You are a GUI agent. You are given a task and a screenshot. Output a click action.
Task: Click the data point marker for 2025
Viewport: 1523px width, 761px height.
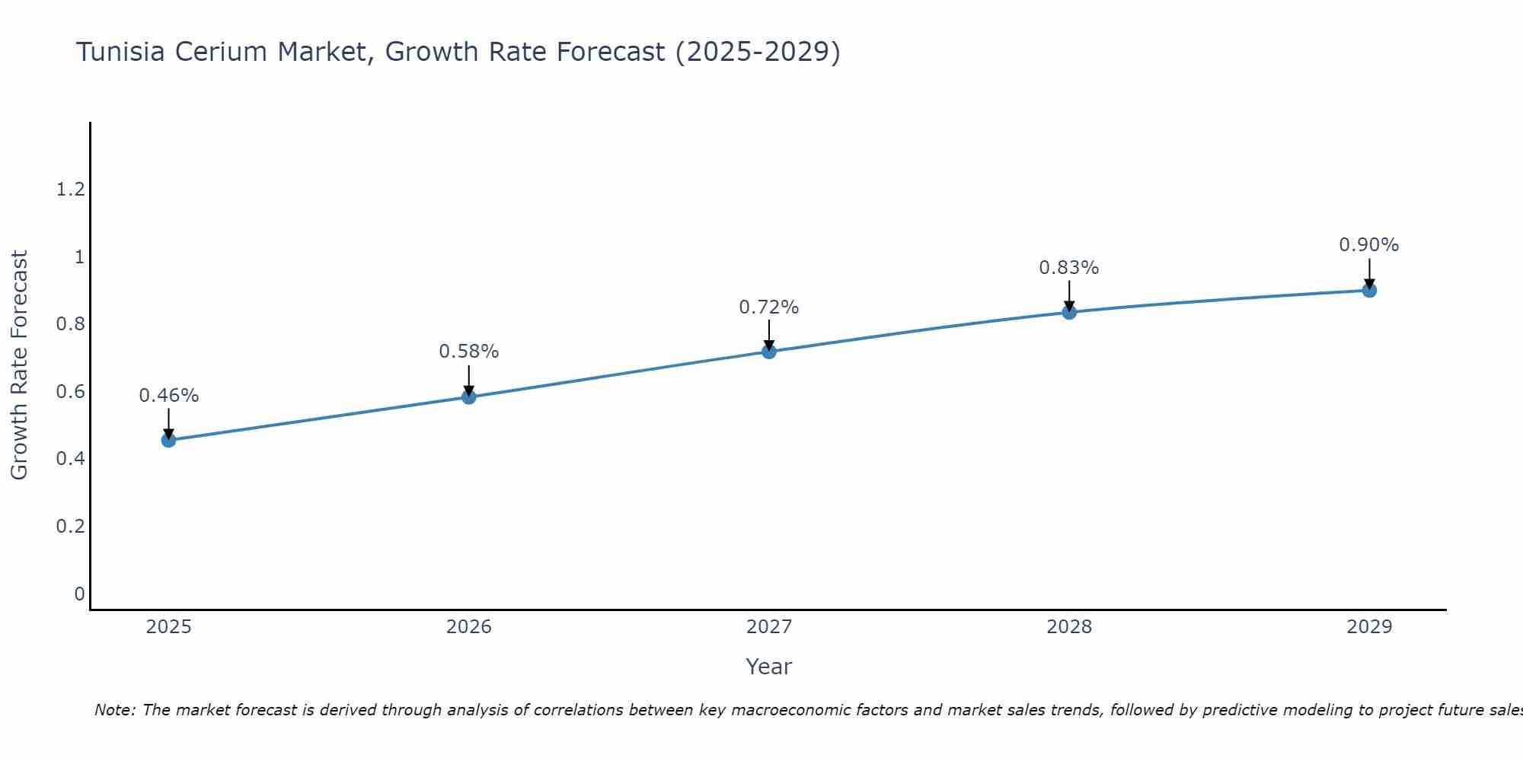click(x=169, y=440)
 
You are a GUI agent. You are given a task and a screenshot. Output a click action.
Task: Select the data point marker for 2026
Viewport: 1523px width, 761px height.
click(x=469, y=396)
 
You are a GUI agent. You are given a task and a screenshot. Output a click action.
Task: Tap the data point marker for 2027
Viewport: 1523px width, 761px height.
click(x=769, y=351)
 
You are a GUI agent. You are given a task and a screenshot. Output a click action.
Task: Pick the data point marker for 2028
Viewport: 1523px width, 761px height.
click(x=1069, y=312)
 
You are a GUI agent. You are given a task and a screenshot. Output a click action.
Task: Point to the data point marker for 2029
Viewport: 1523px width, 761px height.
click(x=1369, y=290)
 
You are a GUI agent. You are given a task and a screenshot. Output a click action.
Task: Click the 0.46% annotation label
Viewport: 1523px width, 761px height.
click(x=169, y=396)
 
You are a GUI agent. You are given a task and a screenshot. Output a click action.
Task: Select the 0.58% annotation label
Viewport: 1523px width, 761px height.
click(x=469, y=352)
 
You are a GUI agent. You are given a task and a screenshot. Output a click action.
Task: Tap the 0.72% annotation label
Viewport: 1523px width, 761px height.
click(x=769, y=307)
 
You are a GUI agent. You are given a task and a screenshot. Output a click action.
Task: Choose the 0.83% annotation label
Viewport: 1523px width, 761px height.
click(x=1069, y=268)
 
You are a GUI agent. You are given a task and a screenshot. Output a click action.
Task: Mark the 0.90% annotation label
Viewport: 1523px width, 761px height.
click(x=1369, y=245)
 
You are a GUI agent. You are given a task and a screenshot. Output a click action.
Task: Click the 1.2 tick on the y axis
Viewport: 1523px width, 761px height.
click(x=70, y=189)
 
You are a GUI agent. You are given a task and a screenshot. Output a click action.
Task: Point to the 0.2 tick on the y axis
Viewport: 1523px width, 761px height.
click(x=70, y=527)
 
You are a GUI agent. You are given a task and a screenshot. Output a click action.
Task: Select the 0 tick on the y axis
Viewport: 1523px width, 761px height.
click(x=79, y=594)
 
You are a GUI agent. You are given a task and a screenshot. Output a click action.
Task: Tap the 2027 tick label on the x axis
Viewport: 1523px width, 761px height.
click(x=769, y=627)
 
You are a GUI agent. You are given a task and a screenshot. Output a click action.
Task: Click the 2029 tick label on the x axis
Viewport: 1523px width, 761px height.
click(x=1369, y=627)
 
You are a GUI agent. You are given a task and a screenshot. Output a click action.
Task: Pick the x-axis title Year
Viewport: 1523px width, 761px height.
click(x=769, y=667)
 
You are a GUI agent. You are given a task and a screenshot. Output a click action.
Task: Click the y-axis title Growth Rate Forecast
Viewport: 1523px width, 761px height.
click(x=19, y=365)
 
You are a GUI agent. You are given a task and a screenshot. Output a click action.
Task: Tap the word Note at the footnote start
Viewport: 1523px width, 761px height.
click(x=114, y=710)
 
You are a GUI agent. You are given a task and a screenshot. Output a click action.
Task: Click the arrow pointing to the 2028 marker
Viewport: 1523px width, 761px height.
click(x=1069, y=295)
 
